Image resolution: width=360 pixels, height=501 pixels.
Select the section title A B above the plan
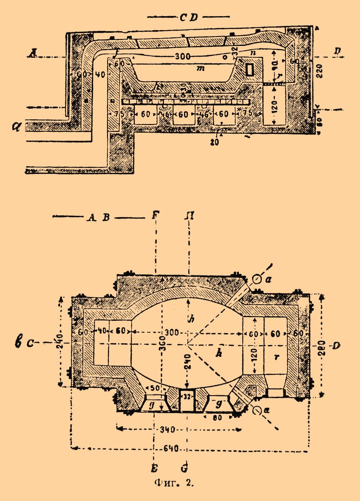(x=98, y=218)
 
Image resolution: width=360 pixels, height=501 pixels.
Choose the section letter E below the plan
(x=154, y=468)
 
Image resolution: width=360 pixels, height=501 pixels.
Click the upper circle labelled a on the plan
(x=256, y=278)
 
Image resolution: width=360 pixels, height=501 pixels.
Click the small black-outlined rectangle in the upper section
(x=251, y=69)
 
